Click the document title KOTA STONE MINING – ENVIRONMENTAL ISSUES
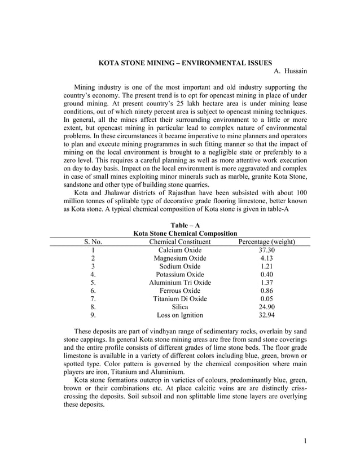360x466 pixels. click(x=185, y=61)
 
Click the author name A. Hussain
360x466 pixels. click(x=290, y=71)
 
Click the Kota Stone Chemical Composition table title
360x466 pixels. click(x=185, y=234)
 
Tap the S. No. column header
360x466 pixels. click(x=93, y=242)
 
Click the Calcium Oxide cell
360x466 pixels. click(x=180, y=250)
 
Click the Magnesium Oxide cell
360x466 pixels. click(x=180, y=258)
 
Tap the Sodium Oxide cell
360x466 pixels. click(x=180, y=266)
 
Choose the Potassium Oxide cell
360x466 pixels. click(x=180, y=275)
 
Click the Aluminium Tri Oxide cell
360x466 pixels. click(x=180, y=283)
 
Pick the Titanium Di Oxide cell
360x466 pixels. click(x=180, y=299)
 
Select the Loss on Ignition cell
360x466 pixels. click(x=180, y=315)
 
